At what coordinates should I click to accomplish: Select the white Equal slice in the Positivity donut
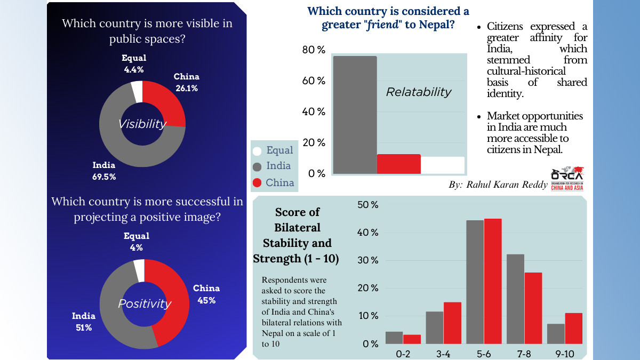click(x=140, y=270)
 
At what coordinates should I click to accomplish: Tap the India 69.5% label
click(x=104, y=171)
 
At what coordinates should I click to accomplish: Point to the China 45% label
click(x=206, y=294)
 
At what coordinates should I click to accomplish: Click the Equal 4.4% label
click(x=134, y=63)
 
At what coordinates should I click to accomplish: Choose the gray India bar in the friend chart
click(x=355, y=115)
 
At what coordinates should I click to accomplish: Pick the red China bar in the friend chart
click(x=399, y=164)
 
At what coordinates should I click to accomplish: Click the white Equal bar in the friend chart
click(x=443, y=165)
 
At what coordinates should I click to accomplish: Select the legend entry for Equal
click(x=273, y=150)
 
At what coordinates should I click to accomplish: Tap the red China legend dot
click(x=257, y=182)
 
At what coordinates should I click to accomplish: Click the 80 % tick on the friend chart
click(x=314, y=50)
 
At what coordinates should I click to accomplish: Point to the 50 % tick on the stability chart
click(x=367, y=205)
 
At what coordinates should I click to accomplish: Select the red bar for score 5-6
click(x=493, y=281)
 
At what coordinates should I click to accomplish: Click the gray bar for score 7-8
click(x=515, y=299)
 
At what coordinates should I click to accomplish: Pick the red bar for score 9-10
click(x=574, y=329)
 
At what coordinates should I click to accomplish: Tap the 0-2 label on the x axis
click(x=403, y=354)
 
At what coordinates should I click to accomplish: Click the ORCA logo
click(x=567, y=179)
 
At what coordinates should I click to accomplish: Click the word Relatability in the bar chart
click(x=419, y=92)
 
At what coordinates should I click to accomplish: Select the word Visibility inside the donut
click(x=142, y=124)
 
